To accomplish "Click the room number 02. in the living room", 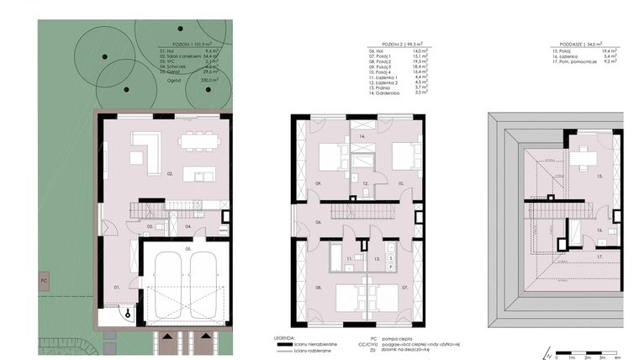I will coord(169,174).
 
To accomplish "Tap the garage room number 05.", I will coord(189,249).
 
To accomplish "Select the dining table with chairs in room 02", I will coord(199,141).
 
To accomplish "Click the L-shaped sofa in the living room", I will coord(147,151).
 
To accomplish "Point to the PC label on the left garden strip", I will coord(43,278).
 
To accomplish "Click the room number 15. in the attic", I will coord(599,177).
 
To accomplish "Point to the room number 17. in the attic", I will coord(599,256).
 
